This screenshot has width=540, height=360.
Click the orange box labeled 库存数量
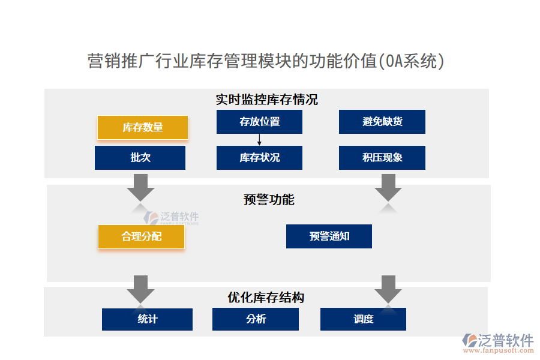click(143, 127)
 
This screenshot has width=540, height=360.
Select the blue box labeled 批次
click(140, 158)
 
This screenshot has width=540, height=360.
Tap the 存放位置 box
click(259, 122)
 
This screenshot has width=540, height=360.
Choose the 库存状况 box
click(259, 158)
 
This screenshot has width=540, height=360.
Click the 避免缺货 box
click(382, 122)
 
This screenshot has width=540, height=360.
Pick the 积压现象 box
click(382, 158)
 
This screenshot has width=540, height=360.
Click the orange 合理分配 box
click(141, 236)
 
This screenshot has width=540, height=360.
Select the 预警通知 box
click(329, 236)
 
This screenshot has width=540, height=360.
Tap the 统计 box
click(147, 319)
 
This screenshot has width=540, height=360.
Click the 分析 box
click(256, 319)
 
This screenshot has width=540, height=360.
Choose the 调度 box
click(363, 319)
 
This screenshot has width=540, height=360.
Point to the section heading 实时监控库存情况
click(266, 100)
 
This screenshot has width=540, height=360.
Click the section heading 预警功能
click(269, 200)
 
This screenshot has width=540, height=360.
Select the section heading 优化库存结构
click(266, 298)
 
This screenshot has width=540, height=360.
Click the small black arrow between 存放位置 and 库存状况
click(259, 140)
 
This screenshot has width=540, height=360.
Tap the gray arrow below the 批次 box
click(140, 187)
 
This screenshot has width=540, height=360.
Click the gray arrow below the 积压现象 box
click(388, 187)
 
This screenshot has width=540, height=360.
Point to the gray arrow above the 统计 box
click(140, 289)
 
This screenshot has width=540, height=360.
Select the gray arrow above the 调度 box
click(388, 289)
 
